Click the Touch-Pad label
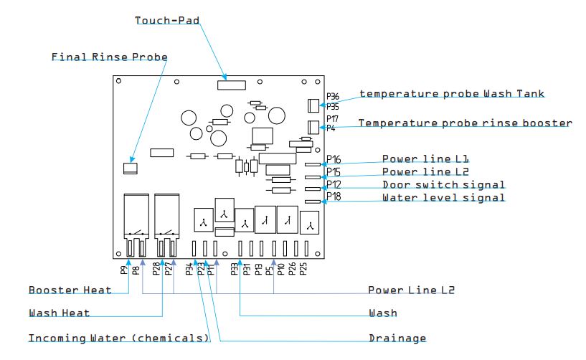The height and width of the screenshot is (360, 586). point(167,20)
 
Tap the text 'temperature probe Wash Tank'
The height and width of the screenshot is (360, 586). point(452,94)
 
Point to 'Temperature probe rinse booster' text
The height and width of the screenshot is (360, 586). point(465,123)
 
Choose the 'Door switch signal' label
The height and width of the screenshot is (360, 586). point(443,185)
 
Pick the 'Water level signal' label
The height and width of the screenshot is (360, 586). point(443,198)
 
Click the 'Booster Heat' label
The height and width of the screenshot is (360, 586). point(70,290)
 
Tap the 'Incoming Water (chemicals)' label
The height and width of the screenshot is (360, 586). point(118,338)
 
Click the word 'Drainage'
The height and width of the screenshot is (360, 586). point(397,338)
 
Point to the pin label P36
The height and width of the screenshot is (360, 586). point(333,96)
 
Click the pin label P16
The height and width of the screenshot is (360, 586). point(334,159)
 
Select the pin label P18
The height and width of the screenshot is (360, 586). point(334,196)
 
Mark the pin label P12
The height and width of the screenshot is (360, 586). point(334,184)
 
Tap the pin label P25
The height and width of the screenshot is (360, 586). point(303,269)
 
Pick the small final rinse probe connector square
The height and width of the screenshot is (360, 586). point(131,168)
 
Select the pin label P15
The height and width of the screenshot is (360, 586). point(334,172)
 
